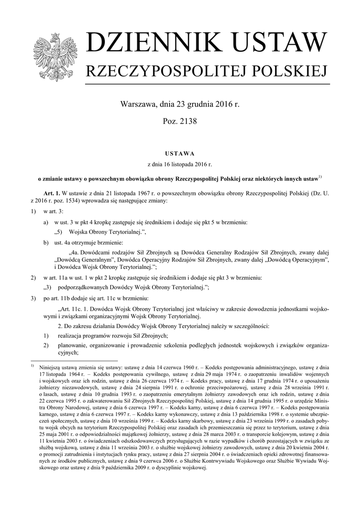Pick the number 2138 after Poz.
tap(187, 121)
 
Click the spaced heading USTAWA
tap(180, 153)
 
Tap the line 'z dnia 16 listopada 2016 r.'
tap(180, 164)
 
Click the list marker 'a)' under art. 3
tap(46, 222)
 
